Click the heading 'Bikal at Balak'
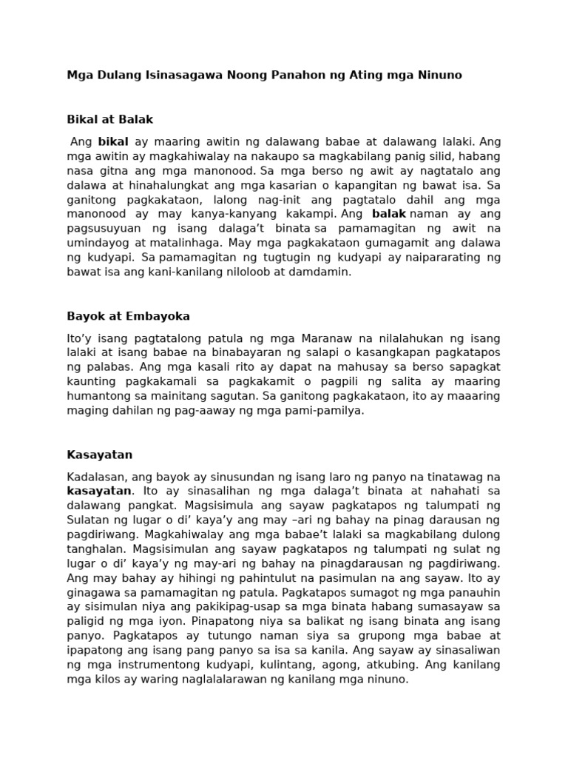click(x=110, y=119)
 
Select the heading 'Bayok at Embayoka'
click(x=128, y=316)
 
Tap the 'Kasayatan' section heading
click(x=100, y=455)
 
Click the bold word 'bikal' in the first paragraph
click(x=113, y=141)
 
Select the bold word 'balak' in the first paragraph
click(x=389, y=214)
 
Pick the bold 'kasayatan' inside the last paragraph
click(x=99, y=491)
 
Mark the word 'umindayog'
click(x=96, y=243)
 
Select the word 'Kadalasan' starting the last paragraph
click(x=95, y=477)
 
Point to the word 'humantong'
click(x=95, y=396)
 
